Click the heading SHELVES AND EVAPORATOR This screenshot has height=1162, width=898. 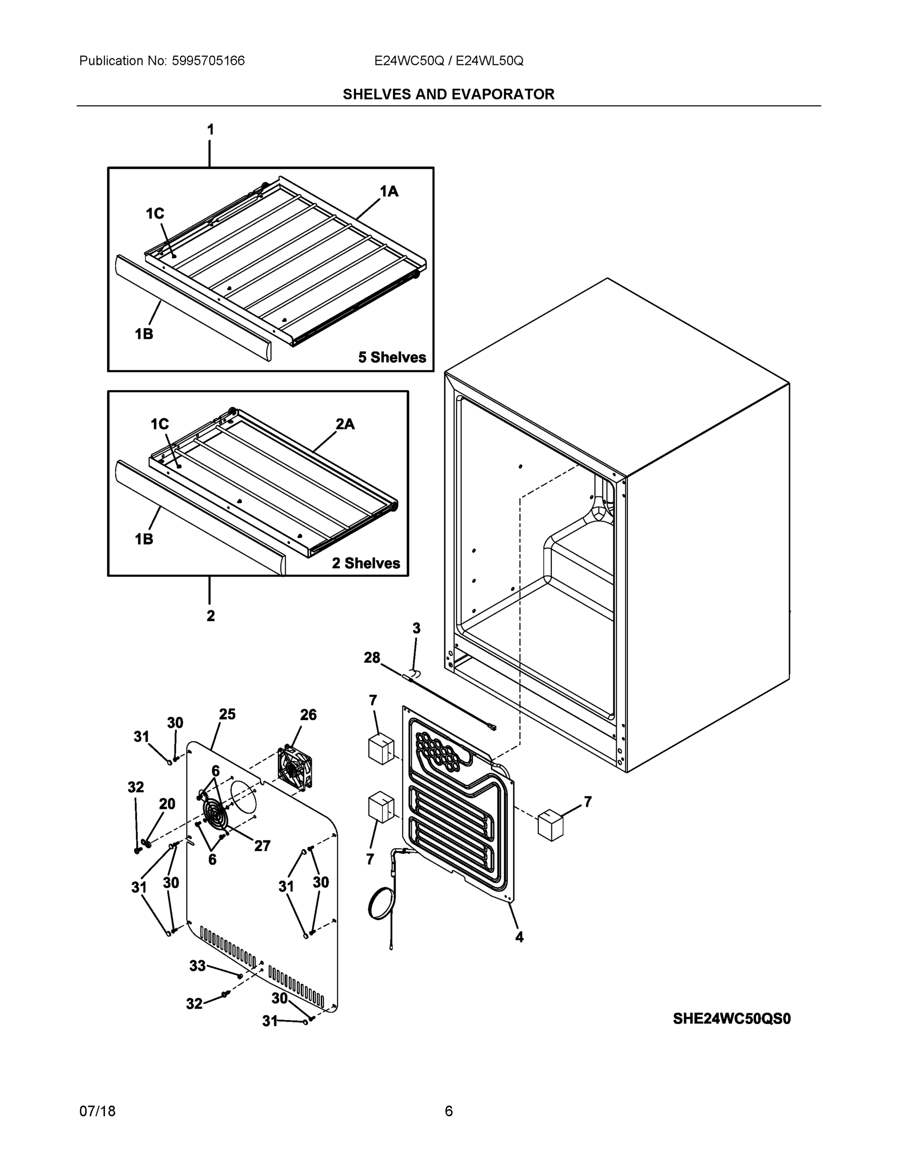[x=448, y=94]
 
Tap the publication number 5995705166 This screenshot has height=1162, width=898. [x=208, y=61]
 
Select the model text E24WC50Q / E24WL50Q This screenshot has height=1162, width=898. [x=448, y=61]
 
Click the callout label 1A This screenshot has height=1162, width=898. [x=389, y=192]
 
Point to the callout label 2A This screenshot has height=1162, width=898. [x=345, y=424]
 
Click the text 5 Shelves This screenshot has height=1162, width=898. [x=392, y=357]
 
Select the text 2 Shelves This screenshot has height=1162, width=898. [x=366, y=563]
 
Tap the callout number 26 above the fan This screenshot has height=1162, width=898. [x=308, y=715]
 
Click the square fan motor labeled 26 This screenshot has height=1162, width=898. [x=294, y=768]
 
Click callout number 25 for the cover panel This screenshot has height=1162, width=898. [x=227, y=714]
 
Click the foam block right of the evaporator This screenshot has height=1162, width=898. [x=550, y=825]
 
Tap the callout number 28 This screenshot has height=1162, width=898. [x=372, y=658]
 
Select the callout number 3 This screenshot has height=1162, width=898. [x=416, y=628]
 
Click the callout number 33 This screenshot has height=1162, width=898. [x=198, y=966]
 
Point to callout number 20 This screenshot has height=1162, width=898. [x=167, y=804]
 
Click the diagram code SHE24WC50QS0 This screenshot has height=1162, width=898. [x=731, y=1018]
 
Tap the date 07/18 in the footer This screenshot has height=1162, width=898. [x=97, y=1111]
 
